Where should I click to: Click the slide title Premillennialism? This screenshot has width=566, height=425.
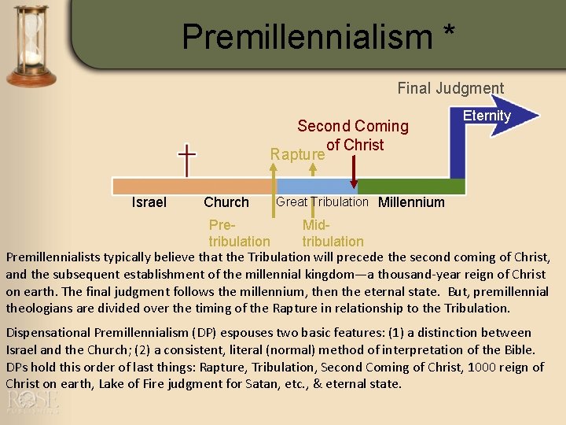pyautogui.click(x=307, y=36)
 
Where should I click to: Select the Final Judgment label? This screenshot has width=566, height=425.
pyautogui.click(x=450, y=88)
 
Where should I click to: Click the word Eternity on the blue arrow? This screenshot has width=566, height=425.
pyautogui.click(x=487, y=116)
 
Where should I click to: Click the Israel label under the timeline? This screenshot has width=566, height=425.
pyautogui.click(x=149, y=202)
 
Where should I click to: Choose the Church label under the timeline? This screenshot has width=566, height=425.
pyautogui.click(x=226, y=202)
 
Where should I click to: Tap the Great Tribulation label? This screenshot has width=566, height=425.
pyautogui.click(x=322, y=201)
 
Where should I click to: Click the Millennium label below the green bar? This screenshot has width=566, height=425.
pyautogui.click(x=411, y=202)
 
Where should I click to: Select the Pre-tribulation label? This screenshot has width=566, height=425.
pyautogui.click(x=238, y=234)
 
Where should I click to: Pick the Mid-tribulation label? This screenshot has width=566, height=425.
pyautogui.click(x=333, y=234)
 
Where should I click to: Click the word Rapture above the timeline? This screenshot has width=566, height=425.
pyautogui.click(x=297, y=154)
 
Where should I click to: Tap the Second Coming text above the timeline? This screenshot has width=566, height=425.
pyautogui.click(x=353, y=126)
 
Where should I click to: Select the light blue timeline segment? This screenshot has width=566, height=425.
pyautogui.click(x=316, y=187)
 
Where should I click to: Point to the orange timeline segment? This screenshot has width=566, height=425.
pyautogui.click(x=192, y=187)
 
